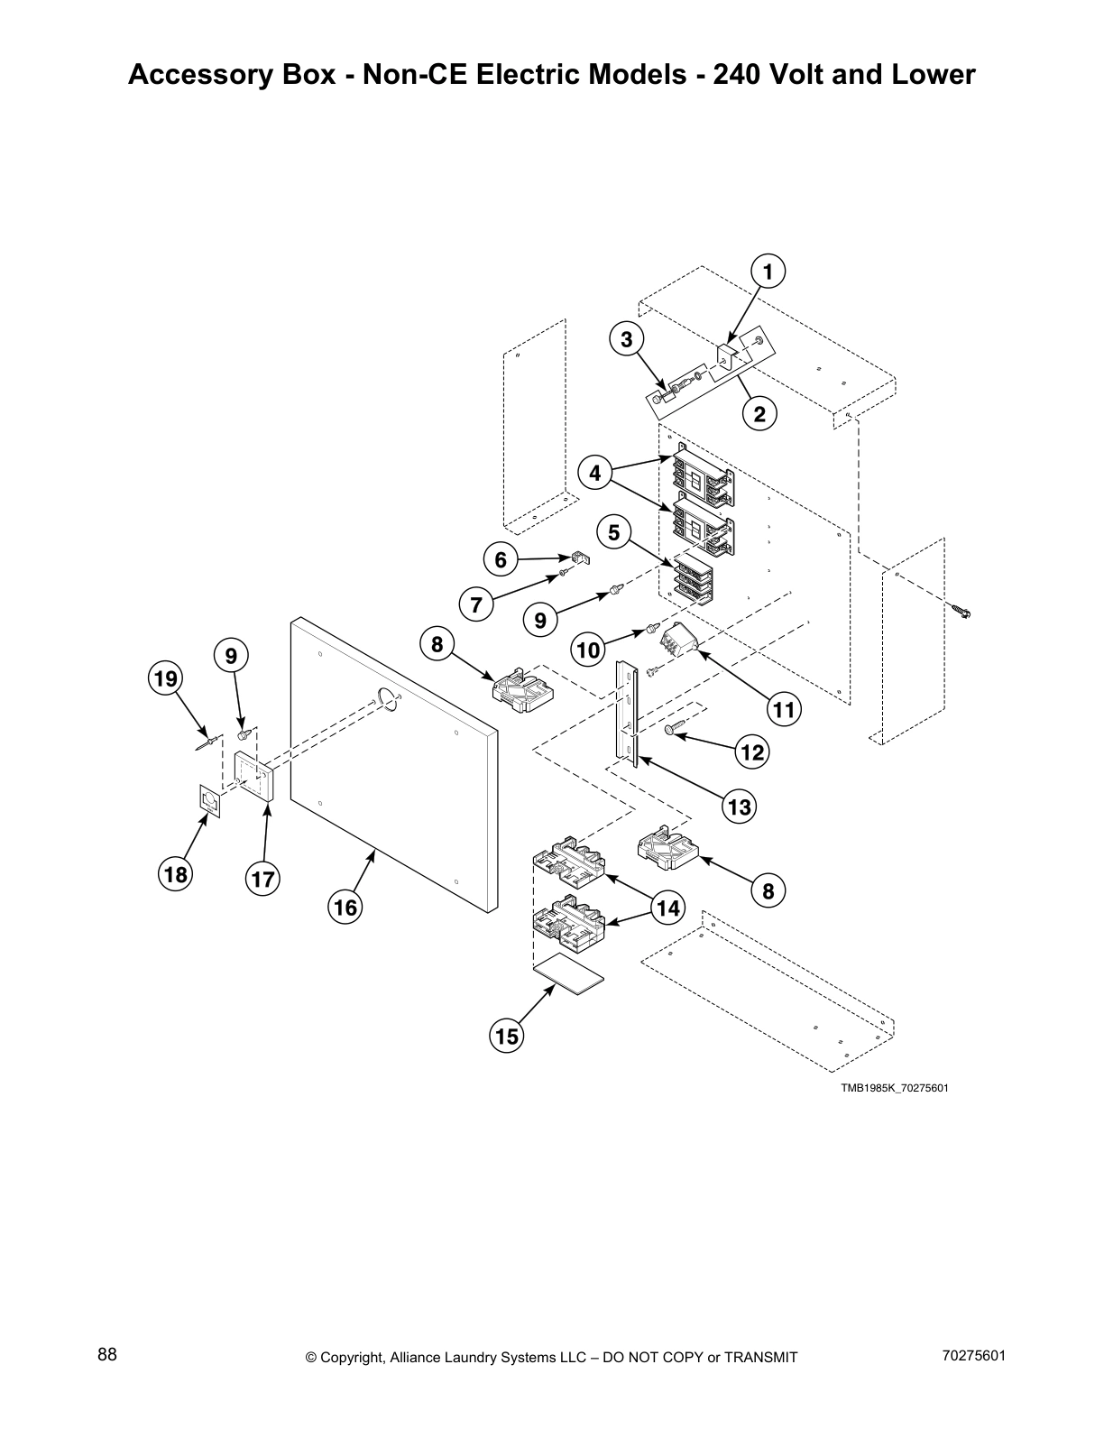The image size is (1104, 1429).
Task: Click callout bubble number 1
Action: [768, 272]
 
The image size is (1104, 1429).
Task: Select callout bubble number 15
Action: [507, 1037]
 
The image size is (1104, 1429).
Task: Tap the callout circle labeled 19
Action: [166, 678]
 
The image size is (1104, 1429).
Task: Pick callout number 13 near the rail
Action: [739, 807]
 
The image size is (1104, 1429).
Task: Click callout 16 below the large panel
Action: [346, 907]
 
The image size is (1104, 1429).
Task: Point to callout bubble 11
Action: [784, 710]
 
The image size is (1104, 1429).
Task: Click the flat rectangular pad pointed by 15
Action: [569, 978]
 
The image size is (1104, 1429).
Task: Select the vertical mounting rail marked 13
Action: [627, 713]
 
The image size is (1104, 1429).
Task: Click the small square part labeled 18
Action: [210, 801]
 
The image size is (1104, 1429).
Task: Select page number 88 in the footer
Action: [107, 1355]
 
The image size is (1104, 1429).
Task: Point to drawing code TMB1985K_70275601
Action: [894, 1087]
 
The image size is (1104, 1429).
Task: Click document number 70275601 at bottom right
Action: [973, 1355]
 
